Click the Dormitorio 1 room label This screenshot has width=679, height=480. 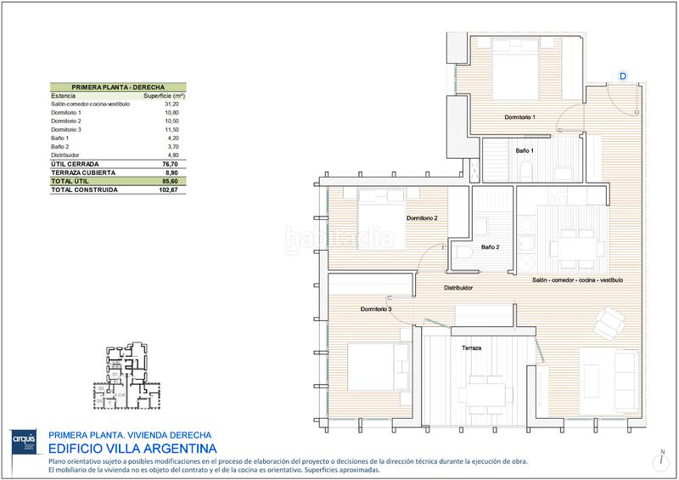[519, 116]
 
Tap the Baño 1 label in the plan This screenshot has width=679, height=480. [525, 150]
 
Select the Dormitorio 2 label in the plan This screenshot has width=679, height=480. [422, 218]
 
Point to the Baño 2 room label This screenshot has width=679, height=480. [490, 247]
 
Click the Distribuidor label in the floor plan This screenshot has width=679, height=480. [458, 288]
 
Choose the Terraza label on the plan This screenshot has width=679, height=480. [472, 348]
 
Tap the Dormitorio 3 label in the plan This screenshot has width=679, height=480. [375, 309]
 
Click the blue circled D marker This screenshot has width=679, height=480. [622, 76]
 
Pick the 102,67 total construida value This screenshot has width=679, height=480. [173, 189]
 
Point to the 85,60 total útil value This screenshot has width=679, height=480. [175, 181]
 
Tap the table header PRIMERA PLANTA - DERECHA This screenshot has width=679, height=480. [118, 87]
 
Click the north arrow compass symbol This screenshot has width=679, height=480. [660, 460]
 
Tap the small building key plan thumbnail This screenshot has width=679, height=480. [128, 373]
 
